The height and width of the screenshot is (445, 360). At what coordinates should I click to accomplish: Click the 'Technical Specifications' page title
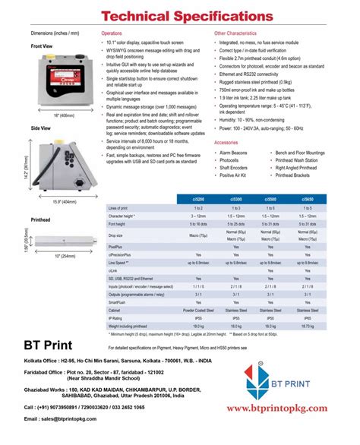179,15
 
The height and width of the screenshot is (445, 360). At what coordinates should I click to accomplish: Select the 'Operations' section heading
112,34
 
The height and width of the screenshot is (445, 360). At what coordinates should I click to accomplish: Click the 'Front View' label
42,46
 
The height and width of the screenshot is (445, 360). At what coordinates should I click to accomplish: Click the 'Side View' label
40,129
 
